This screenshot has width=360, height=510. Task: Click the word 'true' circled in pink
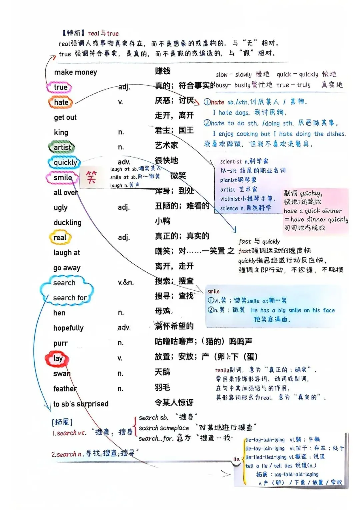coord(60,87)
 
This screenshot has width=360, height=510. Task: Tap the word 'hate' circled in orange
coord(61,102)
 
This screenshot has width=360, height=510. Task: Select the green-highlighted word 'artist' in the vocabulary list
coord(62,147)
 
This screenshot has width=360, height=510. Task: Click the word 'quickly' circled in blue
coord(65,162)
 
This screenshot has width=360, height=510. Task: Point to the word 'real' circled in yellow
coord(60,238)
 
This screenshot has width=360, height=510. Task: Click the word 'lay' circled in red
coord(58,358)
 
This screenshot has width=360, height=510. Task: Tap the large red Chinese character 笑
coord(91,177)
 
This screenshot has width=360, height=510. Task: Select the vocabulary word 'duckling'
coord(67,223)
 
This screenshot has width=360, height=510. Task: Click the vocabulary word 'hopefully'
coord(68,328)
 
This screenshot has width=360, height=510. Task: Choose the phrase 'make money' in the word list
coord(75,72)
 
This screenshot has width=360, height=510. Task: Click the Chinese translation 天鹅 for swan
coord(162,372)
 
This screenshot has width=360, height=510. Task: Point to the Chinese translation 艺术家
coord(166,145)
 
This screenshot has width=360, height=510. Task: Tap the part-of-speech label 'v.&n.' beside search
coord(126,283)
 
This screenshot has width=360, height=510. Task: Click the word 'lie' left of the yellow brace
coord(236,459)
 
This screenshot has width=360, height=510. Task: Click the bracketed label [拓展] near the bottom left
coord(62,422)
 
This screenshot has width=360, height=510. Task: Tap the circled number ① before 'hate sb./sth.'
coord(207,102)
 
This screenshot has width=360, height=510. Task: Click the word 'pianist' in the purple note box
coord(228,180)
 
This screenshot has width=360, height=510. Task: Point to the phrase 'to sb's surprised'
coord(81,404)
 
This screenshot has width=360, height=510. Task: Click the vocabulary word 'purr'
coord(60,343)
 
